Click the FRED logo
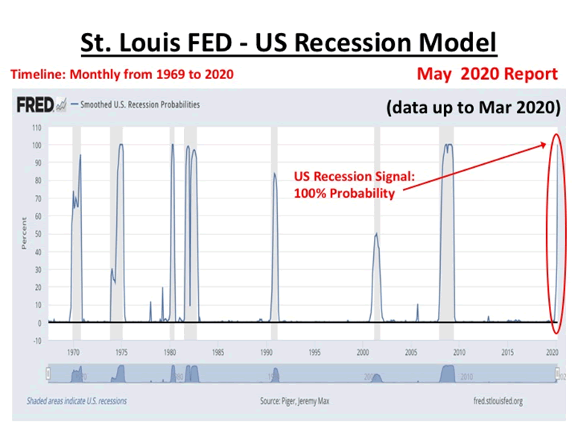(x=35, y=105)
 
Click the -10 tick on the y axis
(x=34, y=341)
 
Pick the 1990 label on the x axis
(x=266, y=351)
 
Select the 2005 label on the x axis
(x=410, y=351)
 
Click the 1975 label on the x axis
(x=121, y=351)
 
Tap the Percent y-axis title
(x=25, y=233)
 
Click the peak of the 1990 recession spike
(x=274, y=174)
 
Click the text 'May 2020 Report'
(x=487, y=74)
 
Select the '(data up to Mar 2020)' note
(x=473, y=107)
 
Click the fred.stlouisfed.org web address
(x=498, y=401)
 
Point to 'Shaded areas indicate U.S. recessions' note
(x=77, y=401)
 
